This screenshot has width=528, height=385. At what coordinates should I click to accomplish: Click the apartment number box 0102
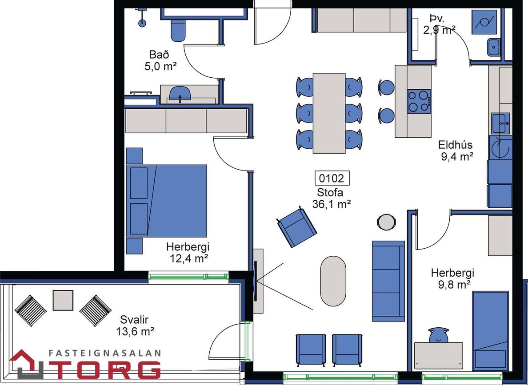click(x=332, y=178)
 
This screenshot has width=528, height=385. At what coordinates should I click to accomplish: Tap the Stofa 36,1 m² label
click(x=332, y=198)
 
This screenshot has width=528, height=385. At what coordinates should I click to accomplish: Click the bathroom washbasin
click(x=180, y=94)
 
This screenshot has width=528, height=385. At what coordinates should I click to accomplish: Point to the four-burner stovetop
click(x=419, y=101)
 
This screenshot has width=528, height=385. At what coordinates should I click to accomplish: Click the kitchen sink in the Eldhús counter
click(x=500, y=123)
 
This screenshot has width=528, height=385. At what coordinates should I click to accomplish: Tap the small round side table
click(x=386, y=222)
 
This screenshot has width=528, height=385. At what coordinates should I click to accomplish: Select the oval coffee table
click(x=333, y=281)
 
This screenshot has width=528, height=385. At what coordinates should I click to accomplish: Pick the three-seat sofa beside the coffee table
click(x=388, y=281)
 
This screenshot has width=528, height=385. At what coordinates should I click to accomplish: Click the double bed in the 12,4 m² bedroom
click(x=167, y=201)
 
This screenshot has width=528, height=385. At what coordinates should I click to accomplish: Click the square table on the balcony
click(x=63, y=300)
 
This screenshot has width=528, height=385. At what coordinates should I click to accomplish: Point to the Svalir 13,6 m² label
click(x=135, y=326)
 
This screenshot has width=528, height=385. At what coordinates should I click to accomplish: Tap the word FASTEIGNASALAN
click(x=104, y=353)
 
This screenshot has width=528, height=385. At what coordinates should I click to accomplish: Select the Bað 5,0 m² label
click(x=160, y=60)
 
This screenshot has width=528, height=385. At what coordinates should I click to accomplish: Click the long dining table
click(x=329, y=113)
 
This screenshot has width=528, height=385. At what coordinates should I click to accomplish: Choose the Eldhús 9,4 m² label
click(x=456, y=151)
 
